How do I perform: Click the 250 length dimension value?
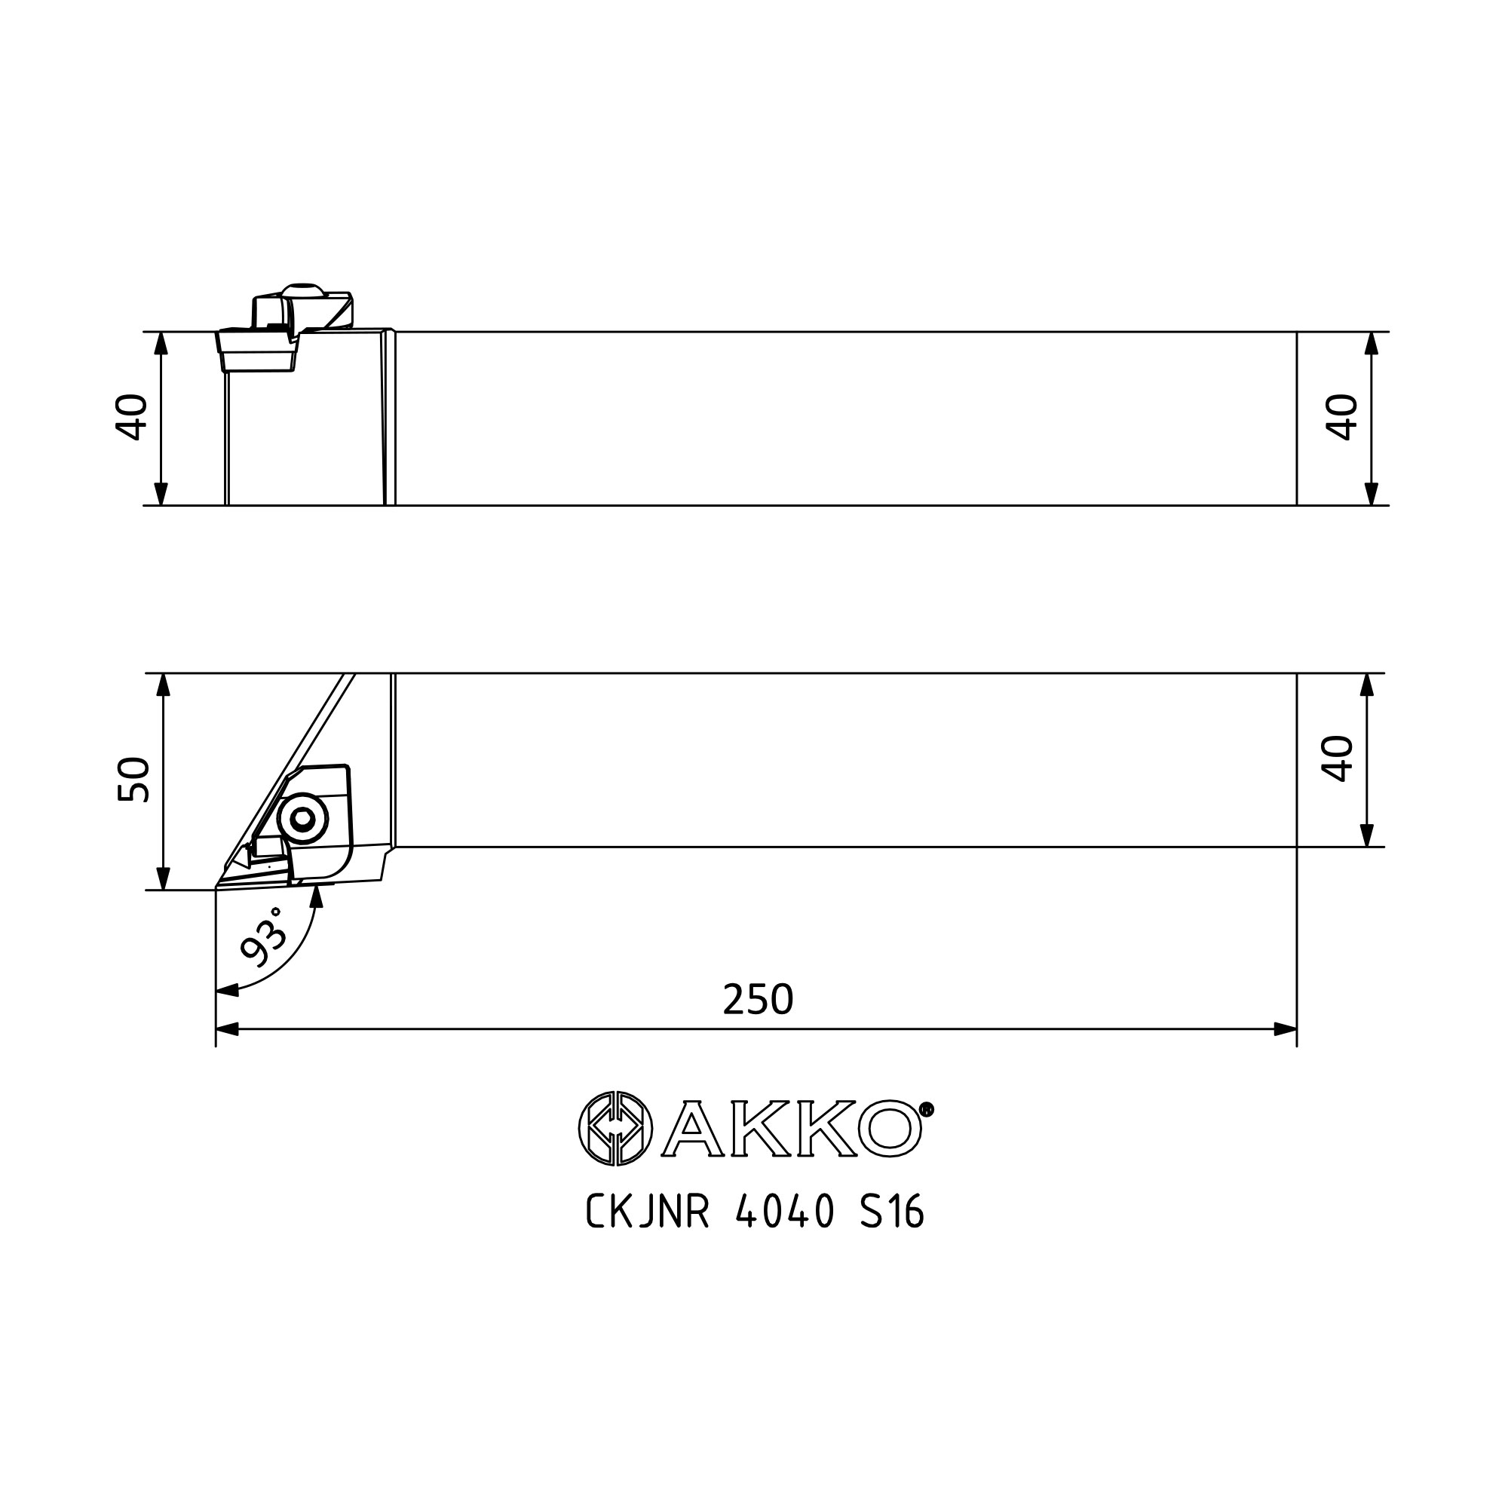pyautogui.click(x=758, y=999)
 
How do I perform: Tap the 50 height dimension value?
pyautogui.click(x=133, y=780)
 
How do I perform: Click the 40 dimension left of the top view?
pyautogui.click(x=131, y=418)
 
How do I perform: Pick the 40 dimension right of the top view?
pyautogui.click(x=1342, y=418)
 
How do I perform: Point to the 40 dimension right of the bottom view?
pyautogui.click(x=1337, y=759)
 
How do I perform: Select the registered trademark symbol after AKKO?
pyautogui.click(x=927, y=1109)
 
